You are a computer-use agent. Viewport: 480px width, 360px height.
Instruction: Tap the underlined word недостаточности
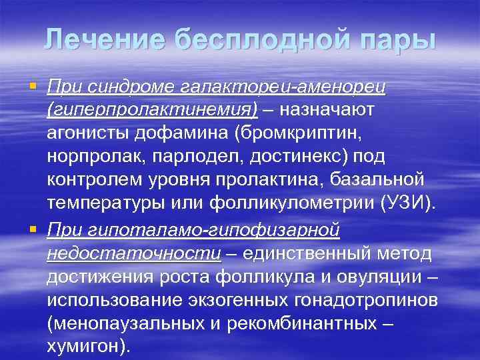(x=134, y=254)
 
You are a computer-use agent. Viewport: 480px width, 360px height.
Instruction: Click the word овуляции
(x=360, y=277)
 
